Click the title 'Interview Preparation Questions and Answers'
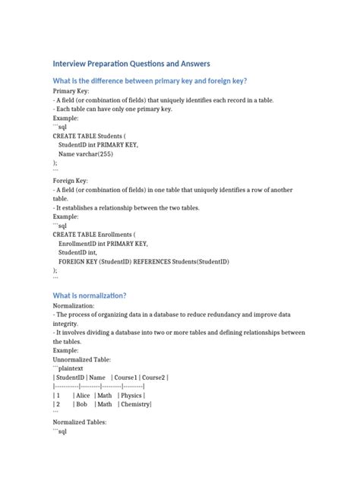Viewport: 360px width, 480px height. point(131,63)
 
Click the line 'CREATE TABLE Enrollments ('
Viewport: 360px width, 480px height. point(94,235)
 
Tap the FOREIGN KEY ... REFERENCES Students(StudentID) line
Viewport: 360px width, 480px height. point(144,261)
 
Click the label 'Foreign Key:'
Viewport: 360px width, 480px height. point(70,181)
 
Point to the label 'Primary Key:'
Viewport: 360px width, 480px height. point(71,90)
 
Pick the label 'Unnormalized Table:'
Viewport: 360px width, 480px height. point(81,358)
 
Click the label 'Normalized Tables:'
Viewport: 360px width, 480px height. point(79,422)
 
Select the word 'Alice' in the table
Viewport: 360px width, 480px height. point(83,395)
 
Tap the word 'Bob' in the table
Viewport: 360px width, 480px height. point(81,404)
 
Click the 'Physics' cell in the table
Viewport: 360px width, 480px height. point(132,395)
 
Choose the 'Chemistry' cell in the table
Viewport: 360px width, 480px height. point(135,404)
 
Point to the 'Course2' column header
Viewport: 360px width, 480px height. point(154,377)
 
